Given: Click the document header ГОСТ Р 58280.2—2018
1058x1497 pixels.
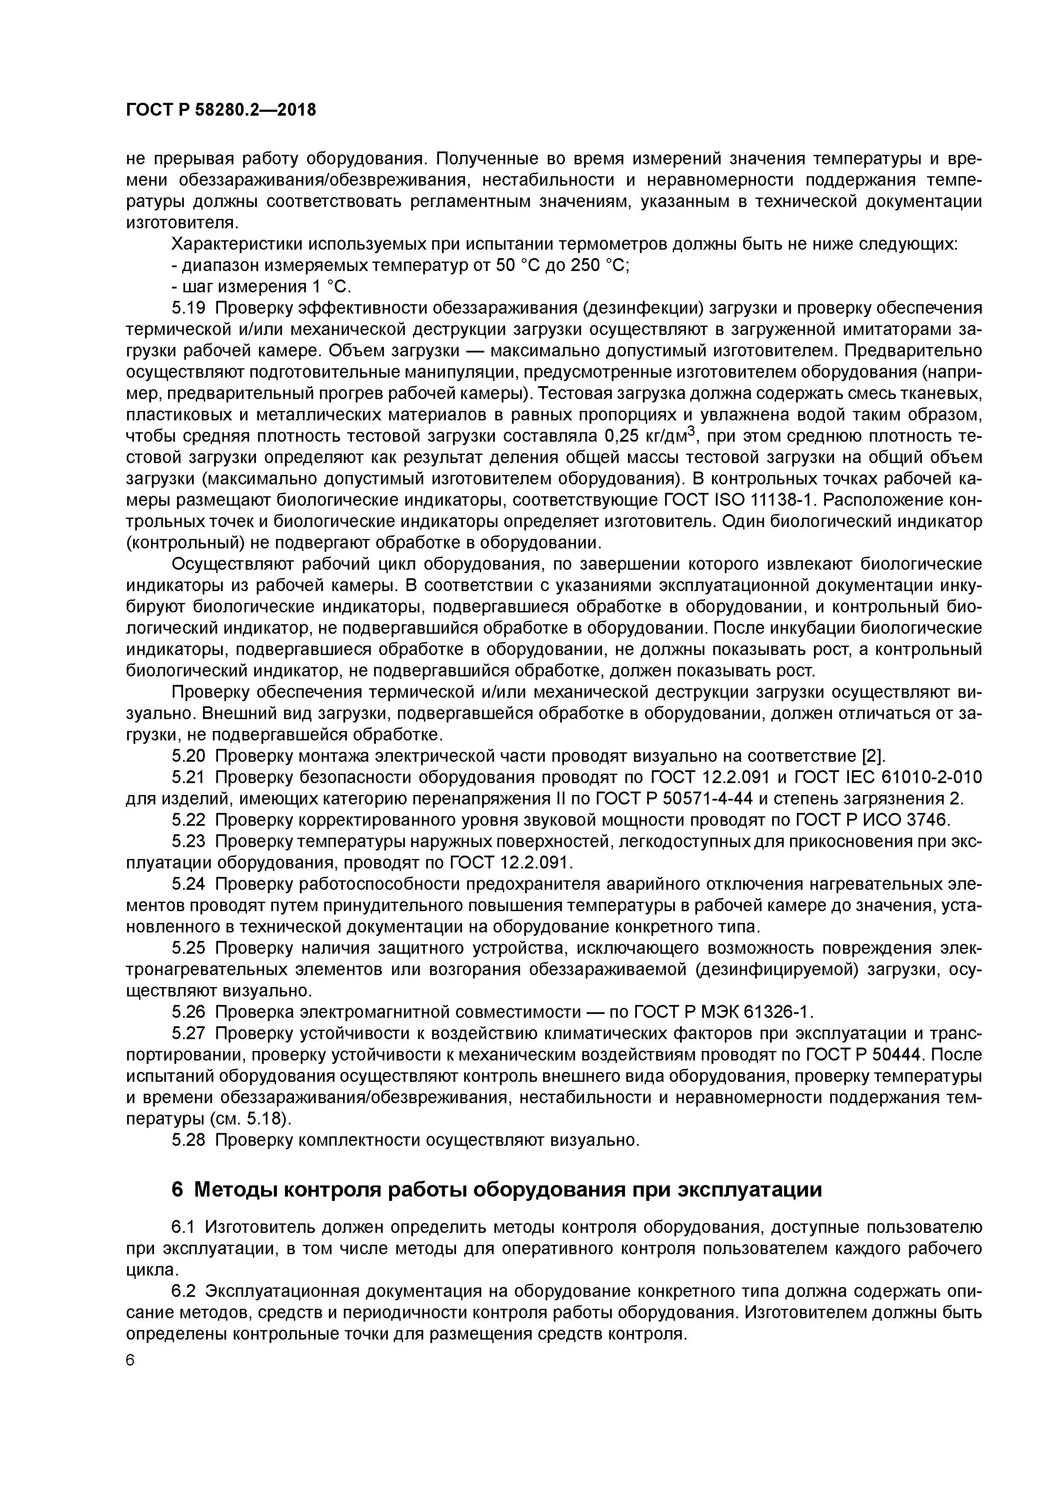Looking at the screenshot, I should coord(220,110).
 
